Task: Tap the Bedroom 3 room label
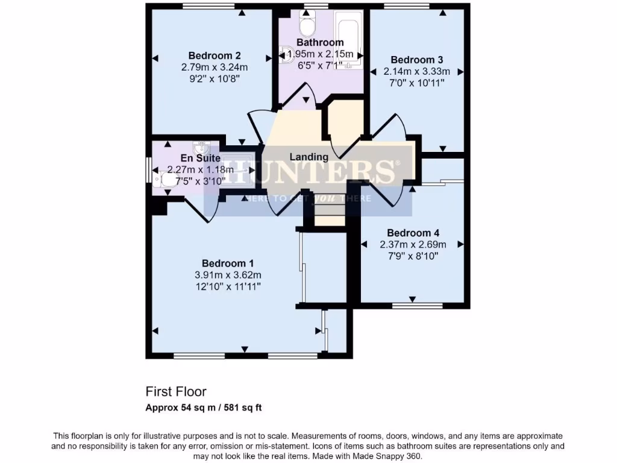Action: click(417, 60)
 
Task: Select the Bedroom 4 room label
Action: click(413, 233)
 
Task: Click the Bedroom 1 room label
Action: click(227, 263)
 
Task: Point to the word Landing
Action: click(309, 157)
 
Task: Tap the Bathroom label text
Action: click(320, 42)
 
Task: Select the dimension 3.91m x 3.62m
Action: click(227, 274)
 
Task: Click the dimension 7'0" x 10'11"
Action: click(417, 83)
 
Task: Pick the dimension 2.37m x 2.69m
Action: click(413, 245)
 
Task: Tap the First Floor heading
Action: click(176, 392)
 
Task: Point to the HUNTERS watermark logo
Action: click(308, 172)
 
